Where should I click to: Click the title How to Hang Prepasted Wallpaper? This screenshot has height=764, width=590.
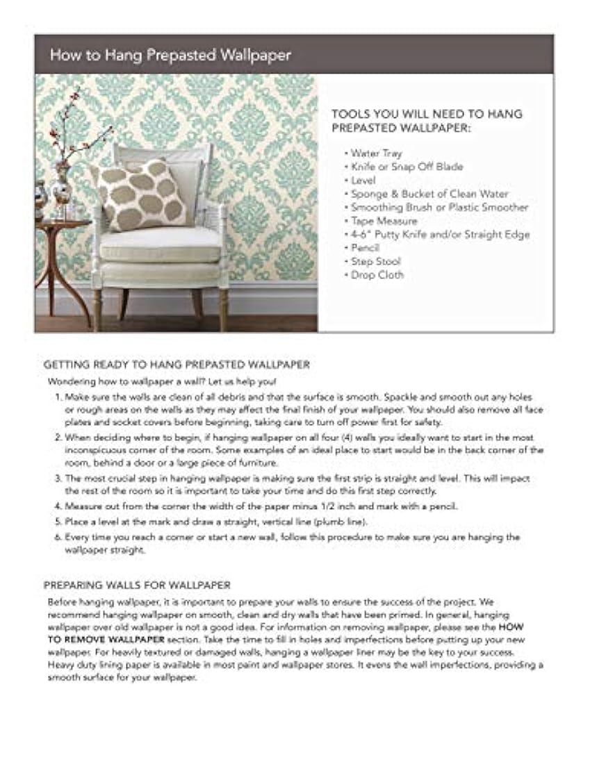pos(170,56)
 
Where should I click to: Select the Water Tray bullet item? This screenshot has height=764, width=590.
pos(376,153)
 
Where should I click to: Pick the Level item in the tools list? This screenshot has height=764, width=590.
pos(363,180)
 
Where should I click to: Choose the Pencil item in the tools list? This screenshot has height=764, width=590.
pos(366,247)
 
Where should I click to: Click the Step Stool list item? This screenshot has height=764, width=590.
pos(376,261)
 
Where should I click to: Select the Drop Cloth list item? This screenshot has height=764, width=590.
pos(377,275)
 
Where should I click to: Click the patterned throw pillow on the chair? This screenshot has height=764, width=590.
pos(142,196)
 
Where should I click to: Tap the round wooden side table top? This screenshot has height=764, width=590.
pos(62,224)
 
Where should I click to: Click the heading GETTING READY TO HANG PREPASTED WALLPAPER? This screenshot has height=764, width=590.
pos(177,364)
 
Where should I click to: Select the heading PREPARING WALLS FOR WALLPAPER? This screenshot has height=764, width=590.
pos(137,585)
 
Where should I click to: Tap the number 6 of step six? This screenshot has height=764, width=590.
pos(58,537)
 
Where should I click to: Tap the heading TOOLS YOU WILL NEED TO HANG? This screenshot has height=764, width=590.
pos(427,115)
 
